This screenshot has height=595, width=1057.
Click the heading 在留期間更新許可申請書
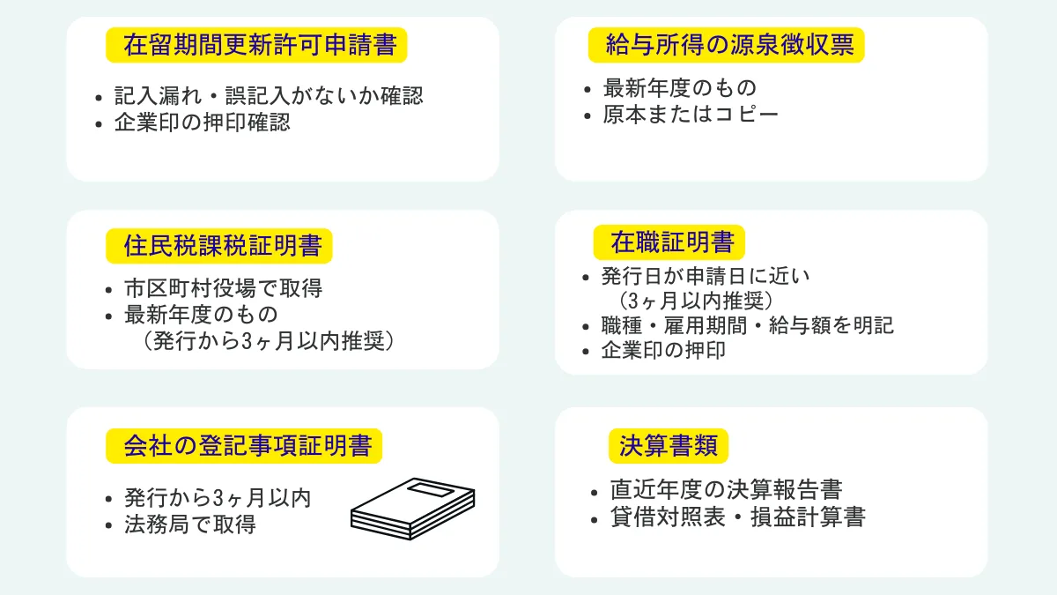(256, 46)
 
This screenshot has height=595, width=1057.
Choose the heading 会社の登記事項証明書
(248, 446)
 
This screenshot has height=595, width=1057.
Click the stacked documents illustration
(413, 509)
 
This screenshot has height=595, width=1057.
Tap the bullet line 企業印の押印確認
(203, 123)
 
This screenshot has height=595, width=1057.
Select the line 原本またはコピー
(691, 115)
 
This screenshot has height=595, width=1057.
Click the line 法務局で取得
(191, 524)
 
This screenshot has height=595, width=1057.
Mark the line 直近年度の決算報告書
(726, 490)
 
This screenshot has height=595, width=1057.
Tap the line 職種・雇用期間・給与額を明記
(747, 325)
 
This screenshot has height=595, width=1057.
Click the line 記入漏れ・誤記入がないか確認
(269, 96)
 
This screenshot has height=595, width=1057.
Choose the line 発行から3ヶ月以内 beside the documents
(218, 498)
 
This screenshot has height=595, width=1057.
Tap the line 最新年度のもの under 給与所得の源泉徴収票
(679, 88)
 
